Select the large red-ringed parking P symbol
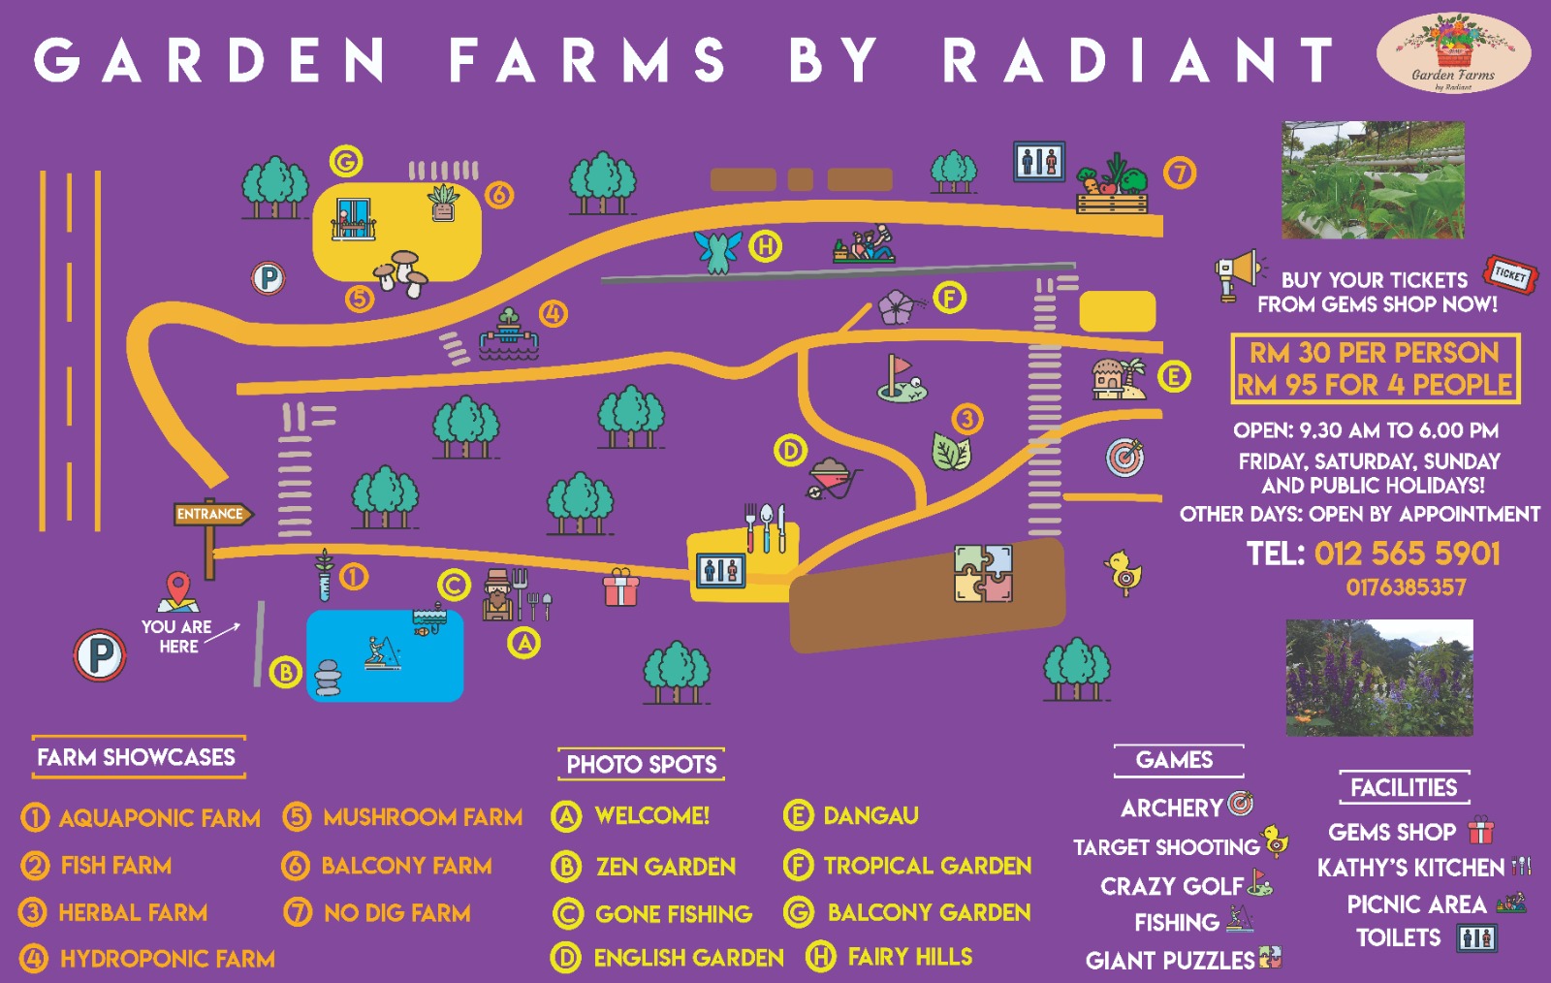coord(100,655)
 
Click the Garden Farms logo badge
coord(1453,53)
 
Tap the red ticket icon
coord(1509,275)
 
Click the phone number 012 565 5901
coord(1407,554)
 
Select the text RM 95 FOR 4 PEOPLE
coord(1374,385)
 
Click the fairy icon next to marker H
coord(718,250)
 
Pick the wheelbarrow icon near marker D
coord(832,477)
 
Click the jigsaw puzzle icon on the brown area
coord(983,573)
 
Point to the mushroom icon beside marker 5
coord(401,273)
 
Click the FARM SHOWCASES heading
coord(137,757)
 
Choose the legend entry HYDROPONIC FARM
coord(167,959)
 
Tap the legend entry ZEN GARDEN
coord(665,866)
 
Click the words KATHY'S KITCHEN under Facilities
coord(1409,868)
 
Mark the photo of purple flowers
coord(1378,678)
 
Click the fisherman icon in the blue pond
coord(380,652)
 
